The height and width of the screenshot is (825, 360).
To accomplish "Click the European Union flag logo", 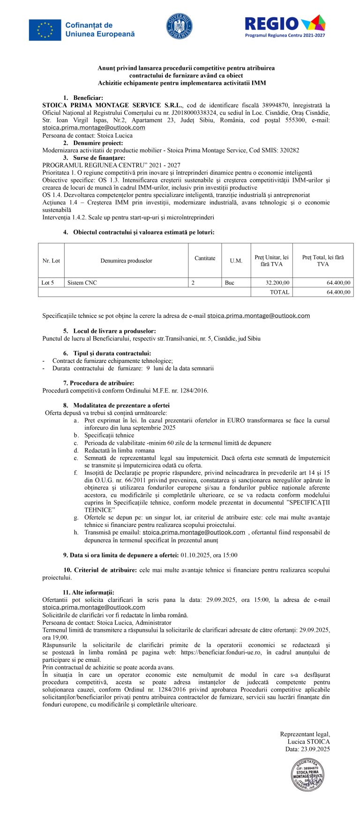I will [x=45, y=30].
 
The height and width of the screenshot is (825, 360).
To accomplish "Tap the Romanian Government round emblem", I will [x=180, y=26].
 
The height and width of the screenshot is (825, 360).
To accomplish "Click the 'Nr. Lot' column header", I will [x=51, y=261].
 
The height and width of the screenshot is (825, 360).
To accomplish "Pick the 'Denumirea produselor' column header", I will [x=126, y=261].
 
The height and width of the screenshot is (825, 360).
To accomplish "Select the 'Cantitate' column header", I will [x=205, y=258].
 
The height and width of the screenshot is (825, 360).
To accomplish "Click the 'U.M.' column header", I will [x=236, y=261].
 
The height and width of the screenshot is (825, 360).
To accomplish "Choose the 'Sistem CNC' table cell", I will [x=82, y=283].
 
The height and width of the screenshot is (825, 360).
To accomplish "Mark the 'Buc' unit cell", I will [x=230, y=283].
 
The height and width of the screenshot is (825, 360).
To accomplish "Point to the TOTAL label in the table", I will [x=279, y=292].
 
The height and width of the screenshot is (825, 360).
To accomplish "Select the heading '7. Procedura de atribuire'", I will [x=102, y=383].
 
